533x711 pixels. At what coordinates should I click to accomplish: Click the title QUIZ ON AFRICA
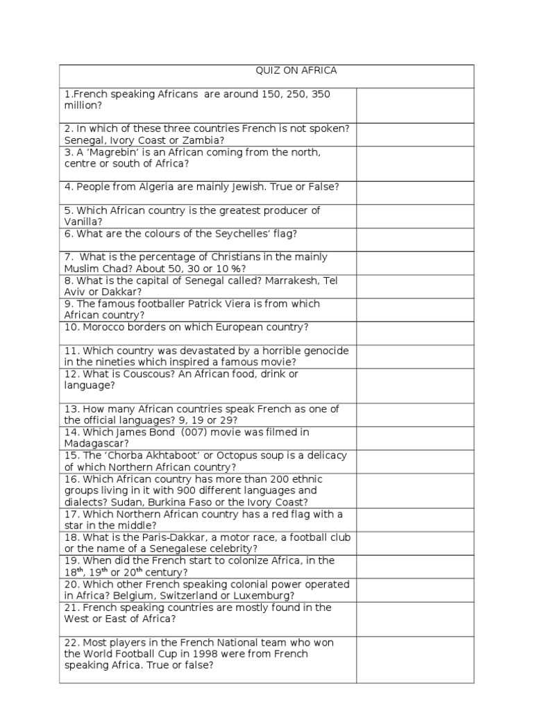tap(294, 71)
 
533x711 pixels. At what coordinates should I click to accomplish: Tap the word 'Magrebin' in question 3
tap(112, 152)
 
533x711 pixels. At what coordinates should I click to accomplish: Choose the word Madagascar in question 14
tap(96, 443)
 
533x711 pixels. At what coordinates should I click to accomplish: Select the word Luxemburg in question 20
tap(267, 596)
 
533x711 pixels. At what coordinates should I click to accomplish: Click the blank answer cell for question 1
tap(415, 105)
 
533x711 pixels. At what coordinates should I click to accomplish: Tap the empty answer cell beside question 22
tap(415, 660)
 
